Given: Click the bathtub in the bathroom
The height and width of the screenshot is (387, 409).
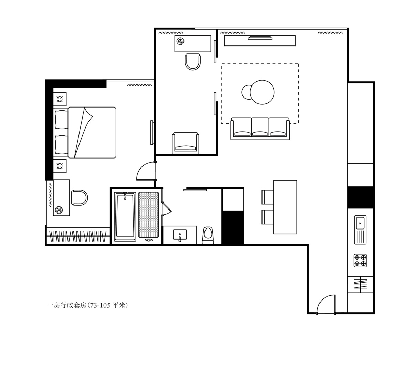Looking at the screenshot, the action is (x=125, y=216).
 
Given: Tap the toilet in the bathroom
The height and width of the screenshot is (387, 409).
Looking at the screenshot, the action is (x=208, y=235).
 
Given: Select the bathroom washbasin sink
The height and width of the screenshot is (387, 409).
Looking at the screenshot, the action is (x=180, y=235).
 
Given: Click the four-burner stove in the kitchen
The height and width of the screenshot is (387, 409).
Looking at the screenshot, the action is (x=360, y=260).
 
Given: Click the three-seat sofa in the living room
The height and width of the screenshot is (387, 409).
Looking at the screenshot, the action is (x=260, y=129).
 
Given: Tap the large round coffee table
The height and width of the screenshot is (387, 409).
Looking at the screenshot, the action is (x=262, y=92).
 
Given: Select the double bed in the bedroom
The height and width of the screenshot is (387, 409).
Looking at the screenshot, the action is (x=86, y=132).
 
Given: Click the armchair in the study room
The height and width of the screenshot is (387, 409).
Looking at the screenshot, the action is (x=186, y=143).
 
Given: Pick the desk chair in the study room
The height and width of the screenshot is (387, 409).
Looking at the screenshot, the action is (x=193, y=62).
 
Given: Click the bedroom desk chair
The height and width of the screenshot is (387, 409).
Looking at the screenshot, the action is (x=79, y=198).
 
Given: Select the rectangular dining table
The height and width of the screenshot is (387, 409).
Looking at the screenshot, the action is (x=285, y=207).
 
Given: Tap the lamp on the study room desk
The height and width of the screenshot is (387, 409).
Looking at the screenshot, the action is (x=180, y=41).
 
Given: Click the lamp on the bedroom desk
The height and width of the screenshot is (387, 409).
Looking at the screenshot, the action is (x=59, y=210).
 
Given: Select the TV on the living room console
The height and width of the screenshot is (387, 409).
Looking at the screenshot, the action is (x=260, y=38).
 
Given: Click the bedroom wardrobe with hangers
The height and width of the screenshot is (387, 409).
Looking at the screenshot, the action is (x=78, y=236).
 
